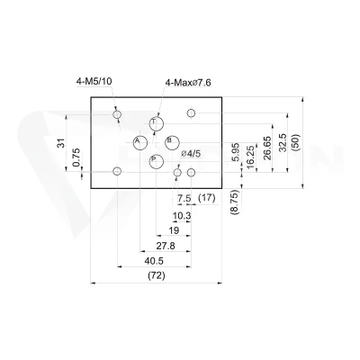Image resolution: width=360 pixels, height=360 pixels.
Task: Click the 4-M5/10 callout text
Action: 94,81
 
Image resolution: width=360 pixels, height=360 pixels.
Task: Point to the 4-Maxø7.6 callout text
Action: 188,83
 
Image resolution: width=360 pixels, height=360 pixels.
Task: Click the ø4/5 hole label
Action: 191,154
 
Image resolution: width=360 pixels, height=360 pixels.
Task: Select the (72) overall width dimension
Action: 157,275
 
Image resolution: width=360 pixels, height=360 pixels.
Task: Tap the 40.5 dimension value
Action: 154,261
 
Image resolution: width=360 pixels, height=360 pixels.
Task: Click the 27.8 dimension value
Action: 166,246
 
